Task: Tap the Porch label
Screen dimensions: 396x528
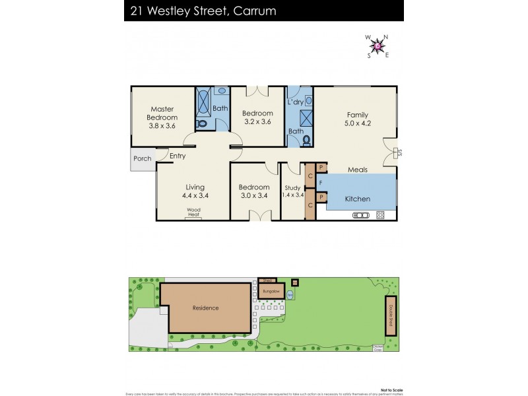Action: [142, 158]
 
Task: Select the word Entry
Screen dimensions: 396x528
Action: [177, 156]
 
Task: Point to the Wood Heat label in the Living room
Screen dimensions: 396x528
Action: [193, 212]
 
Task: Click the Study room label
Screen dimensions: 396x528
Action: [291, 187]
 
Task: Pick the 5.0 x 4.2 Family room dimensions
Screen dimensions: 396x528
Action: [358, 123]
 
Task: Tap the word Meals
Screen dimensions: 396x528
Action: [357, 170]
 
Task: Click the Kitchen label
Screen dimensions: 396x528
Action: [358, 199]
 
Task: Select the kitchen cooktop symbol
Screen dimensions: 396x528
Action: [380, 214]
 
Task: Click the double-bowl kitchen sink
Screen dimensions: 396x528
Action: [361, 214]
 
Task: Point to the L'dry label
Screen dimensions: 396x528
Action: [294, 103]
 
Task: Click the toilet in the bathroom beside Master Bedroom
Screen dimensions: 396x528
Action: [203, 123]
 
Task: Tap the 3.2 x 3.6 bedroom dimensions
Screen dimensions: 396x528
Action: [257, 121]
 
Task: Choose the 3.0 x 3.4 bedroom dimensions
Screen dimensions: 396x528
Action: [254, 195]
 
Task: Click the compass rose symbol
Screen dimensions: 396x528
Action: [377, 46]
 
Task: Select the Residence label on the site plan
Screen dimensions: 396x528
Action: [205, 308]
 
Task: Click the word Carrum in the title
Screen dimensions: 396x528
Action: [251, 11]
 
